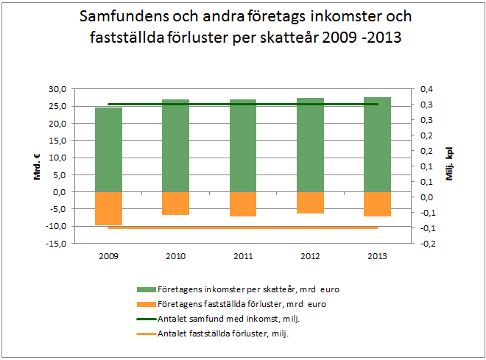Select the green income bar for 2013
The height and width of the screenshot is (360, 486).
[377, 147]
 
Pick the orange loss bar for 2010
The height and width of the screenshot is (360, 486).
[175, 203]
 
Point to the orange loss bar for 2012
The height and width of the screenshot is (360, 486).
[310, 202]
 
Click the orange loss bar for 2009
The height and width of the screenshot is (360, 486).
[108, 208]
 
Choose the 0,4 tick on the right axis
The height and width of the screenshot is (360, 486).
[426, 89]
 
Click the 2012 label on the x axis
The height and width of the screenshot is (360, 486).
[310, 257]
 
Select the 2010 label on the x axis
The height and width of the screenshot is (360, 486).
[175, 257]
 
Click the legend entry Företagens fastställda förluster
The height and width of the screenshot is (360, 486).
[242, 303]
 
